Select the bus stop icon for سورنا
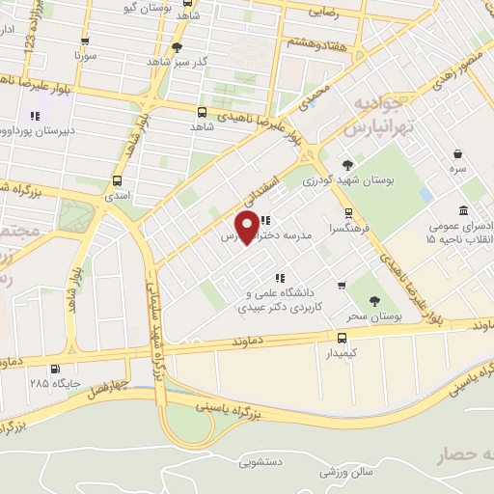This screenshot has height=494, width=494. pyautogui.click(x=86, y=41)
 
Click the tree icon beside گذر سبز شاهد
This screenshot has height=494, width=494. pyautogui.click(x=176, y=46)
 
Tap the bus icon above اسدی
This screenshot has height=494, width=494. pyautogui.click(x=117, y=180)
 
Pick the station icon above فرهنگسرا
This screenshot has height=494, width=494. pyautogui.click(x=348, y=214)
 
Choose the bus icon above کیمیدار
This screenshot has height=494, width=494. pyautogui.click(x=342, y=338)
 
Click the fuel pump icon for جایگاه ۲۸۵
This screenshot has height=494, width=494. pyautogui.click(x=53, y=368)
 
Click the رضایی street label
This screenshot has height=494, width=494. pyautogui.click(x=326, y=14)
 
